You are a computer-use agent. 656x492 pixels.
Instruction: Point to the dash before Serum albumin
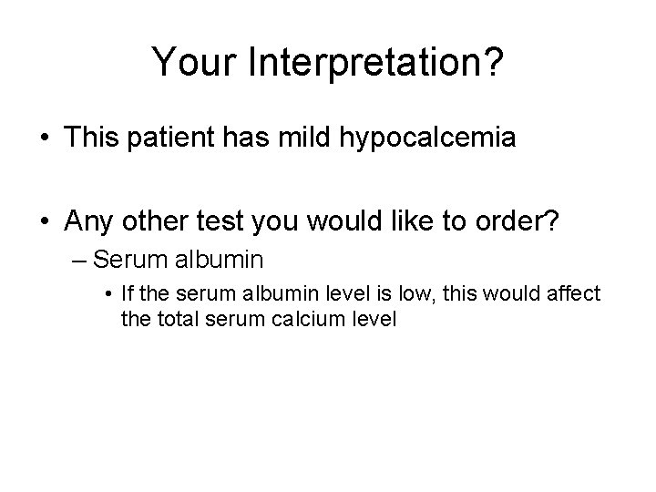(79, 260)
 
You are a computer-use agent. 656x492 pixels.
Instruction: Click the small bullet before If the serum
(108, 295)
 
